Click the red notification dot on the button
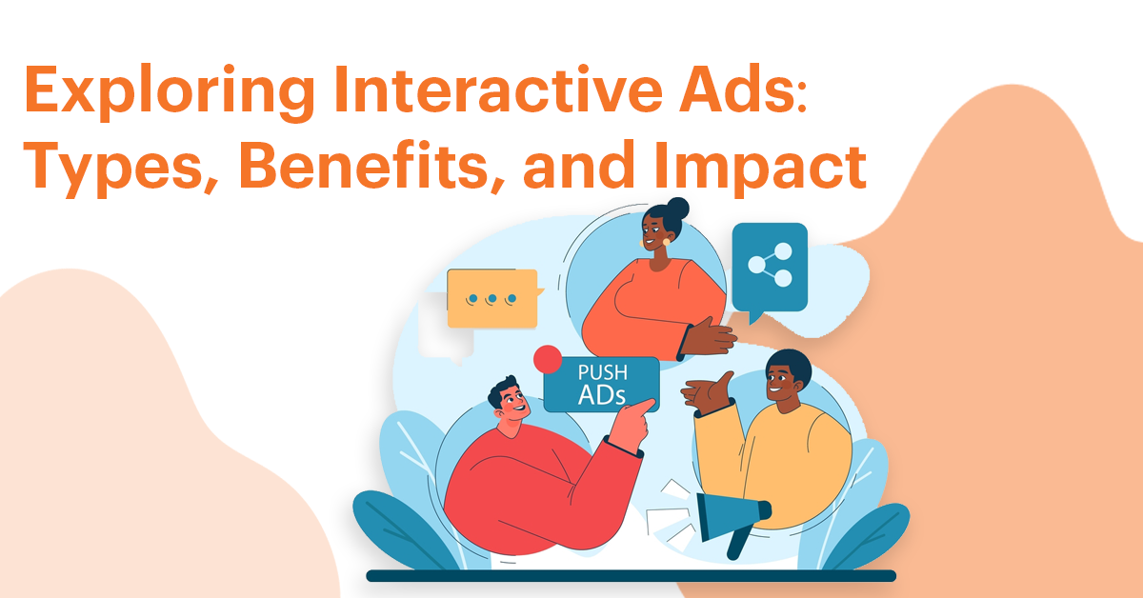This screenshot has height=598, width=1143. pos(548,359)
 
